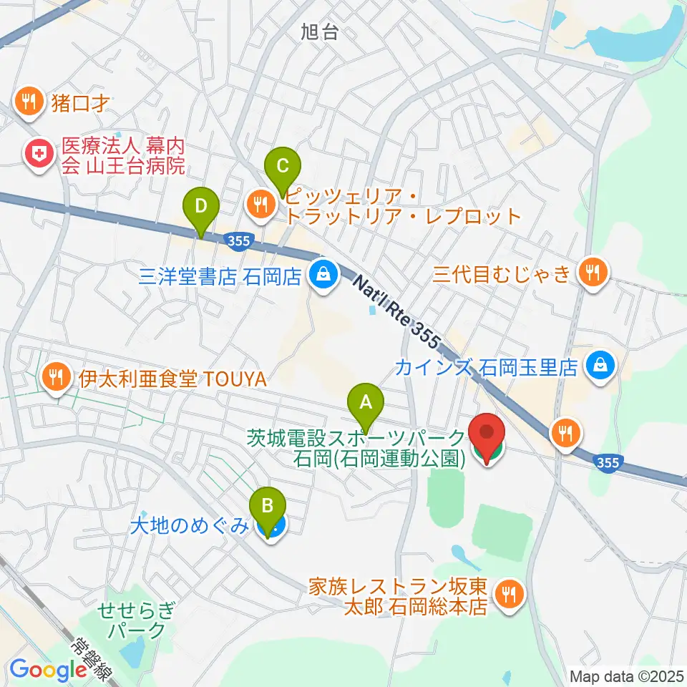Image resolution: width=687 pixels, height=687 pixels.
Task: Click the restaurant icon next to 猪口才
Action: coord(29,102)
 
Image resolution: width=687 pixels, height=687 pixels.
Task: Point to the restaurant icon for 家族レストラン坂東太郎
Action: coord(509,595)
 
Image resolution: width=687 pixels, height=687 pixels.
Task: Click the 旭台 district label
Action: coord(319,31)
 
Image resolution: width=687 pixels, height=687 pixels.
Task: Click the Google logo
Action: coord(48,669)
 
